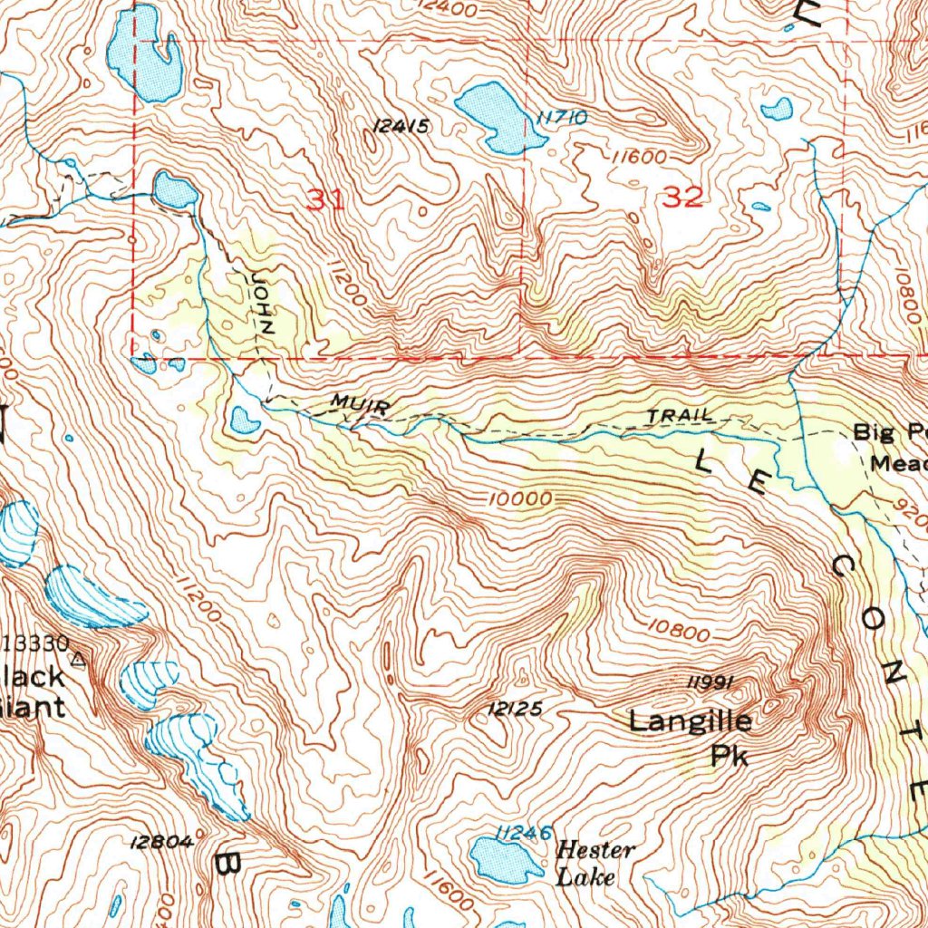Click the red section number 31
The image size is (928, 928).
pyautogui.click(x=325, y=199)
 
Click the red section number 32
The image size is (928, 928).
pyautogui.click(x=682, y=197)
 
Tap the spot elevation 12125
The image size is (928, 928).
pyautogui.click(x=515, y=709)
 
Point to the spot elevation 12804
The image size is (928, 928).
pyautogui.click(x=162, y=842)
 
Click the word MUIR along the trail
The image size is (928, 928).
pyautogui.click(x=360, y=404)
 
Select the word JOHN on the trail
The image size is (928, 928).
pyautogui.click(x=261, y=301)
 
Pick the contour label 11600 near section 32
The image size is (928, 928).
pyautogui.click(x=639, y=157)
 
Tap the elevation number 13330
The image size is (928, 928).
pyautogui.click(x=36, y=644)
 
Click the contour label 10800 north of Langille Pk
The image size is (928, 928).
pyautogui.click(x=679, y=630)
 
